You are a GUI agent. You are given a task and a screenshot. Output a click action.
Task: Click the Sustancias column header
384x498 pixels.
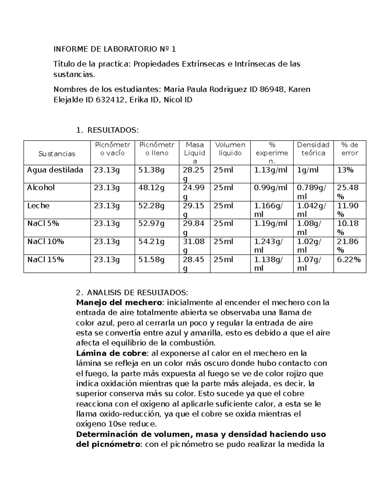pos(57,154)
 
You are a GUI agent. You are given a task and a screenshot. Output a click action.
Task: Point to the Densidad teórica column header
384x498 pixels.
pos(313,149)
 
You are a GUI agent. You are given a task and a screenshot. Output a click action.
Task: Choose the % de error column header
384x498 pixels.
pos(349,149)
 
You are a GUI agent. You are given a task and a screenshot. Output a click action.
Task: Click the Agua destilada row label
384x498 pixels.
pos(55,170)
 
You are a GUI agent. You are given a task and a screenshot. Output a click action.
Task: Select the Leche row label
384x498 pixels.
pos(38,206)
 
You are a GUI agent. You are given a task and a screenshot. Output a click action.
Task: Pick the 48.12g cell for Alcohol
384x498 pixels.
pos(151,188)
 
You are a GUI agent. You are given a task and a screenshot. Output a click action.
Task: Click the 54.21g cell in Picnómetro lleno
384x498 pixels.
pos(151,241)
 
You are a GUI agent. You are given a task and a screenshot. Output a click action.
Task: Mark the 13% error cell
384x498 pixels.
pos(345,170)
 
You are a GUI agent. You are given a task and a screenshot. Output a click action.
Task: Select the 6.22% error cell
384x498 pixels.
pos(349,259)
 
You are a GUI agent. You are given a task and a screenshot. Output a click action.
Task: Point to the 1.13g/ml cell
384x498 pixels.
pos(271,170)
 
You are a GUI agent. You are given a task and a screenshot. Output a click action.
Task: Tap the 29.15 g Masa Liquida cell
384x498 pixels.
pos(194,210)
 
